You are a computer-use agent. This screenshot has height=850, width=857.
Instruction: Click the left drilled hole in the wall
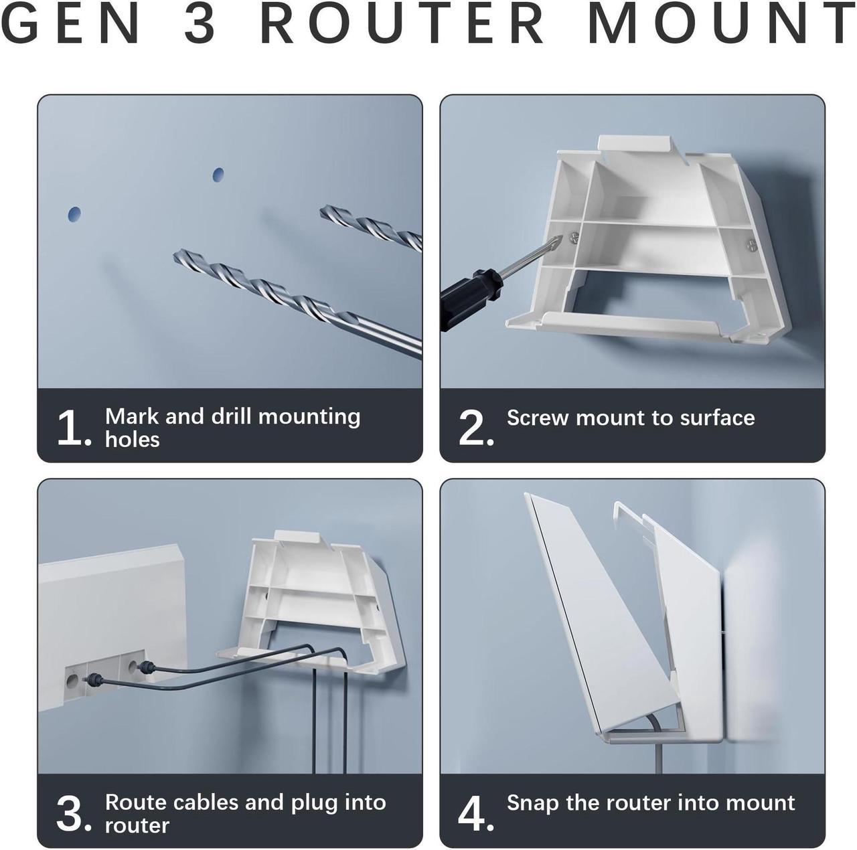pos(74,214)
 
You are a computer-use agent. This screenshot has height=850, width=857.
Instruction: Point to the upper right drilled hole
pos(218,175)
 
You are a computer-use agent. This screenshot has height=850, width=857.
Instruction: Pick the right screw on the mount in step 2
pos(752,245)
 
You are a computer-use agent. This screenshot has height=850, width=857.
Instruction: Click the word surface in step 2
pos(717,418)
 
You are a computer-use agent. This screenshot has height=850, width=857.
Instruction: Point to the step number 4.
pos(474,814)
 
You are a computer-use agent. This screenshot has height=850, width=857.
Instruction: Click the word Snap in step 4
pos(532,803)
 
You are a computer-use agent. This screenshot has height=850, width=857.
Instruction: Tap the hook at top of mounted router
pos(625,511)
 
